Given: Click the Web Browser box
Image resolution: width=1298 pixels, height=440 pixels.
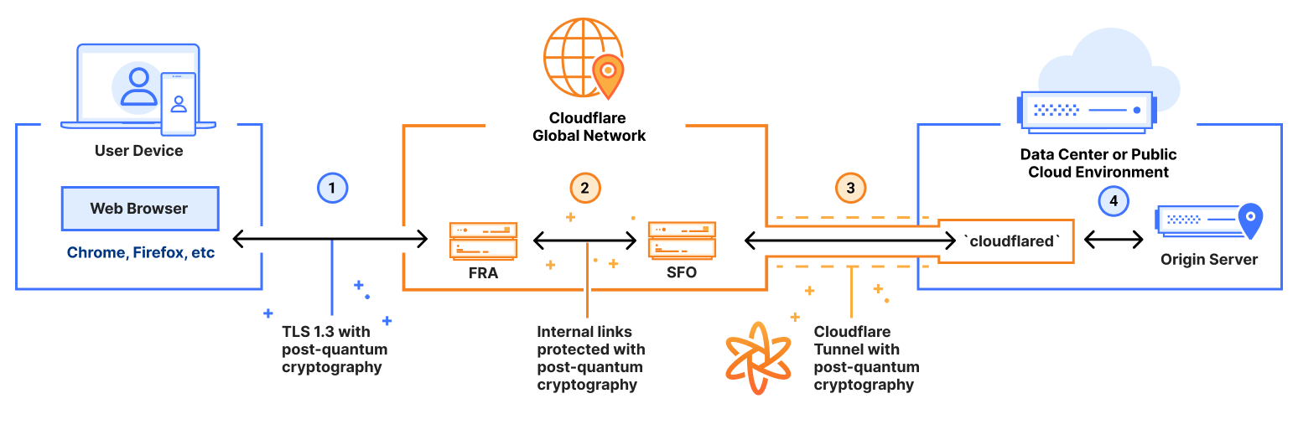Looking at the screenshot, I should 139,209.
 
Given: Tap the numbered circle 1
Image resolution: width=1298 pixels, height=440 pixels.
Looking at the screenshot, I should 332,189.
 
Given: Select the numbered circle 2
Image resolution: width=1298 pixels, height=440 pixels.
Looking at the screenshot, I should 585,189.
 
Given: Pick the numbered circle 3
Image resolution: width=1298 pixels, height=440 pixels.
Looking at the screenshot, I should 850,189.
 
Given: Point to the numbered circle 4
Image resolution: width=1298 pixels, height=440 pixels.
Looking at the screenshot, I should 1114,201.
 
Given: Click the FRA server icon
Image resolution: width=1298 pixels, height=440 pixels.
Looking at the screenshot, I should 483,241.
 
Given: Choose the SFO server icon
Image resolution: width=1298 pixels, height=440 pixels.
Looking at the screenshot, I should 682,241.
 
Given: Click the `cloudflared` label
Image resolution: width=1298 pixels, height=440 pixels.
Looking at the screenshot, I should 1012,241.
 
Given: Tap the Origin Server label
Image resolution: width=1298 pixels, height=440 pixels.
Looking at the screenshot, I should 1208,260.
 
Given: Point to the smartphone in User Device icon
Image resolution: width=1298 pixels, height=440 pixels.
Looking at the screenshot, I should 178,104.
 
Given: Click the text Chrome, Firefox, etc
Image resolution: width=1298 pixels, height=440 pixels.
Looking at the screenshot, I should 141,252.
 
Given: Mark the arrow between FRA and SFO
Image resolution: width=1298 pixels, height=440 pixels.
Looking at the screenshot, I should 585,241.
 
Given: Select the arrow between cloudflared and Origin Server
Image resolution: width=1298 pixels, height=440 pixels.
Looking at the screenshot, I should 1114,240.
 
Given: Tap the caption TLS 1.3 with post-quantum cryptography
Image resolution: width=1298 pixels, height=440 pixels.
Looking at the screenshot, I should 335,349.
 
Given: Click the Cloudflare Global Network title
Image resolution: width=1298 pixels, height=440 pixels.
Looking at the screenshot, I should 589,127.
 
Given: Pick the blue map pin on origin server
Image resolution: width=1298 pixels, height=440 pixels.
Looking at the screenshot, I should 1250,220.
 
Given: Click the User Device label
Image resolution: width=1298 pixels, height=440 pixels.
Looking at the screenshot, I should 138,151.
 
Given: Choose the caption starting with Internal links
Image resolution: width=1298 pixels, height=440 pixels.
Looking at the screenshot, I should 590,359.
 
